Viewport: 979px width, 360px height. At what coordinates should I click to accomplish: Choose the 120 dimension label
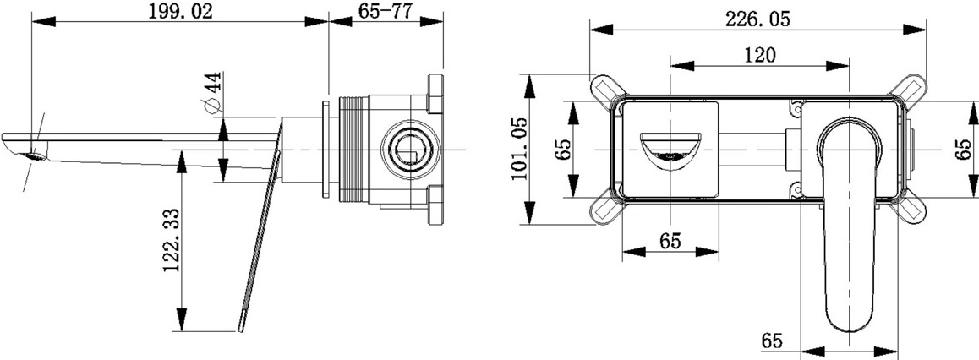759,55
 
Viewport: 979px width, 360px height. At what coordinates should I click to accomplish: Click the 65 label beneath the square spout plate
670,240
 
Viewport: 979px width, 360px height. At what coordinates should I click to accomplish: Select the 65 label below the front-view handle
772,341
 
